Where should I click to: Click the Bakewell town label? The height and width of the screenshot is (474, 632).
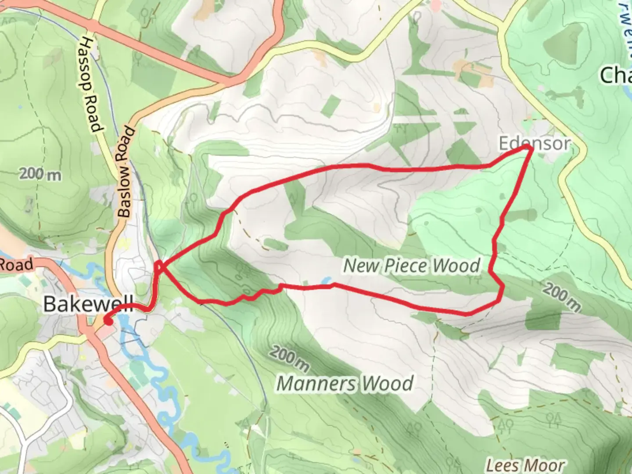point(88,304)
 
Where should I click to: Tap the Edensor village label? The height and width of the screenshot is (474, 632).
point(535,144)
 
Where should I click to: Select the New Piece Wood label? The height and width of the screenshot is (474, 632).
point(412,266)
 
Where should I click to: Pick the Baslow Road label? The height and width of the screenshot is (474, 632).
point(126,172)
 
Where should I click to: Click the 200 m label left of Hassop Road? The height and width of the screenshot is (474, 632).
point(40,175)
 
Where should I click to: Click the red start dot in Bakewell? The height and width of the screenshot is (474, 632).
point(108,321)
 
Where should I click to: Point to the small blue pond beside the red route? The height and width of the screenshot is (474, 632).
point(327,280)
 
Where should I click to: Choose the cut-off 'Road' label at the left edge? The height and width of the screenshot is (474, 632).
point(16,265)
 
